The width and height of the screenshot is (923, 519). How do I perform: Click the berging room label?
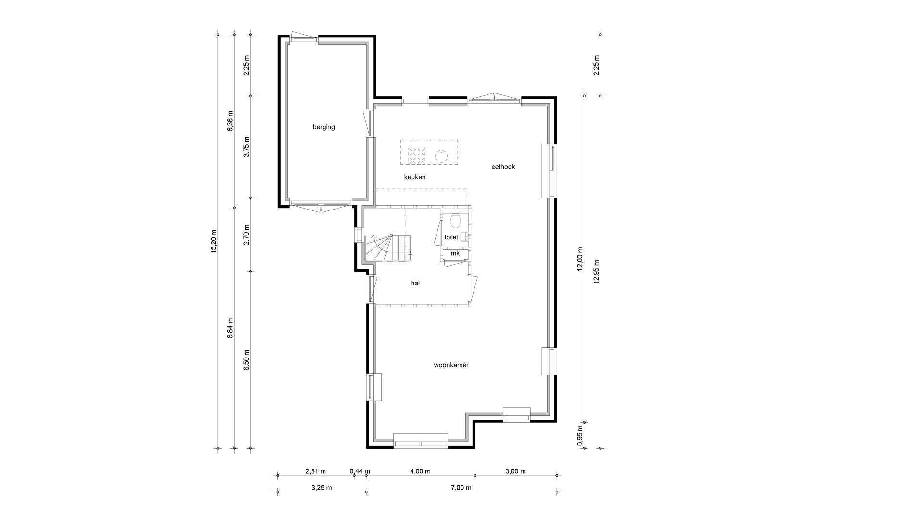click(x=324, y=127)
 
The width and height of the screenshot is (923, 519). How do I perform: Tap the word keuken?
click(x=415, y=177)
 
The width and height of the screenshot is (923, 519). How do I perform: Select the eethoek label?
click(x=503, y=167)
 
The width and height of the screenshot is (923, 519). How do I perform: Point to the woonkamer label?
click(x=451, y=365)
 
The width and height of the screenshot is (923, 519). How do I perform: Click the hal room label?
click(x=415, y=283)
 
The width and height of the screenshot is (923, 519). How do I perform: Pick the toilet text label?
click(x=451, y=237)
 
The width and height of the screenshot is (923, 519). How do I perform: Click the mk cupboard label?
click(x=455, y=253)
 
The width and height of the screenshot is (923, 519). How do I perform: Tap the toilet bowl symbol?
click(x=455, y=221)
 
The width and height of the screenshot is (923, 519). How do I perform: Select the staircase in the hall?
click(x=388, y=248)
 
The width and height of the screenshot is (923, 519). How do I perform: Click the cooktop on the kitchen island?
click(x=416, y=155)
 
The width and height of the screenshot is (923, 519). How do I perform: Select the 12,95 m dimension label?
click(x=597, y=272)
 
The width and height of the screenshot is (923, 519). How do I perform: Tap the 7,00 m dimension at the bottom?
click(x=461, y=488)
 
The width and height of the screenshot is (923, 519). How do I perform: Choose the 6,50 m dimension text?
click(x=247, y=359)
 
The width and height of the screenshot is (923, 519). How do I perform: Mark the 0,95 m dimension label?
click(x=580, y=435)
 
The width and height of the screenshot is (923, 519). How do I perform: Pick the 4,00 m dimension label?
click(x=421, y=471)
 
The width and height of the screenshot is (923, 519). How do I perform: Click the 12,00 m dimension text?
click(x=580, y=260)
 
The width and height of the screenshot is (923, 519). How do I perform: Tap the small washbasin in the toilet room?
click(x=464, y=236)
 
